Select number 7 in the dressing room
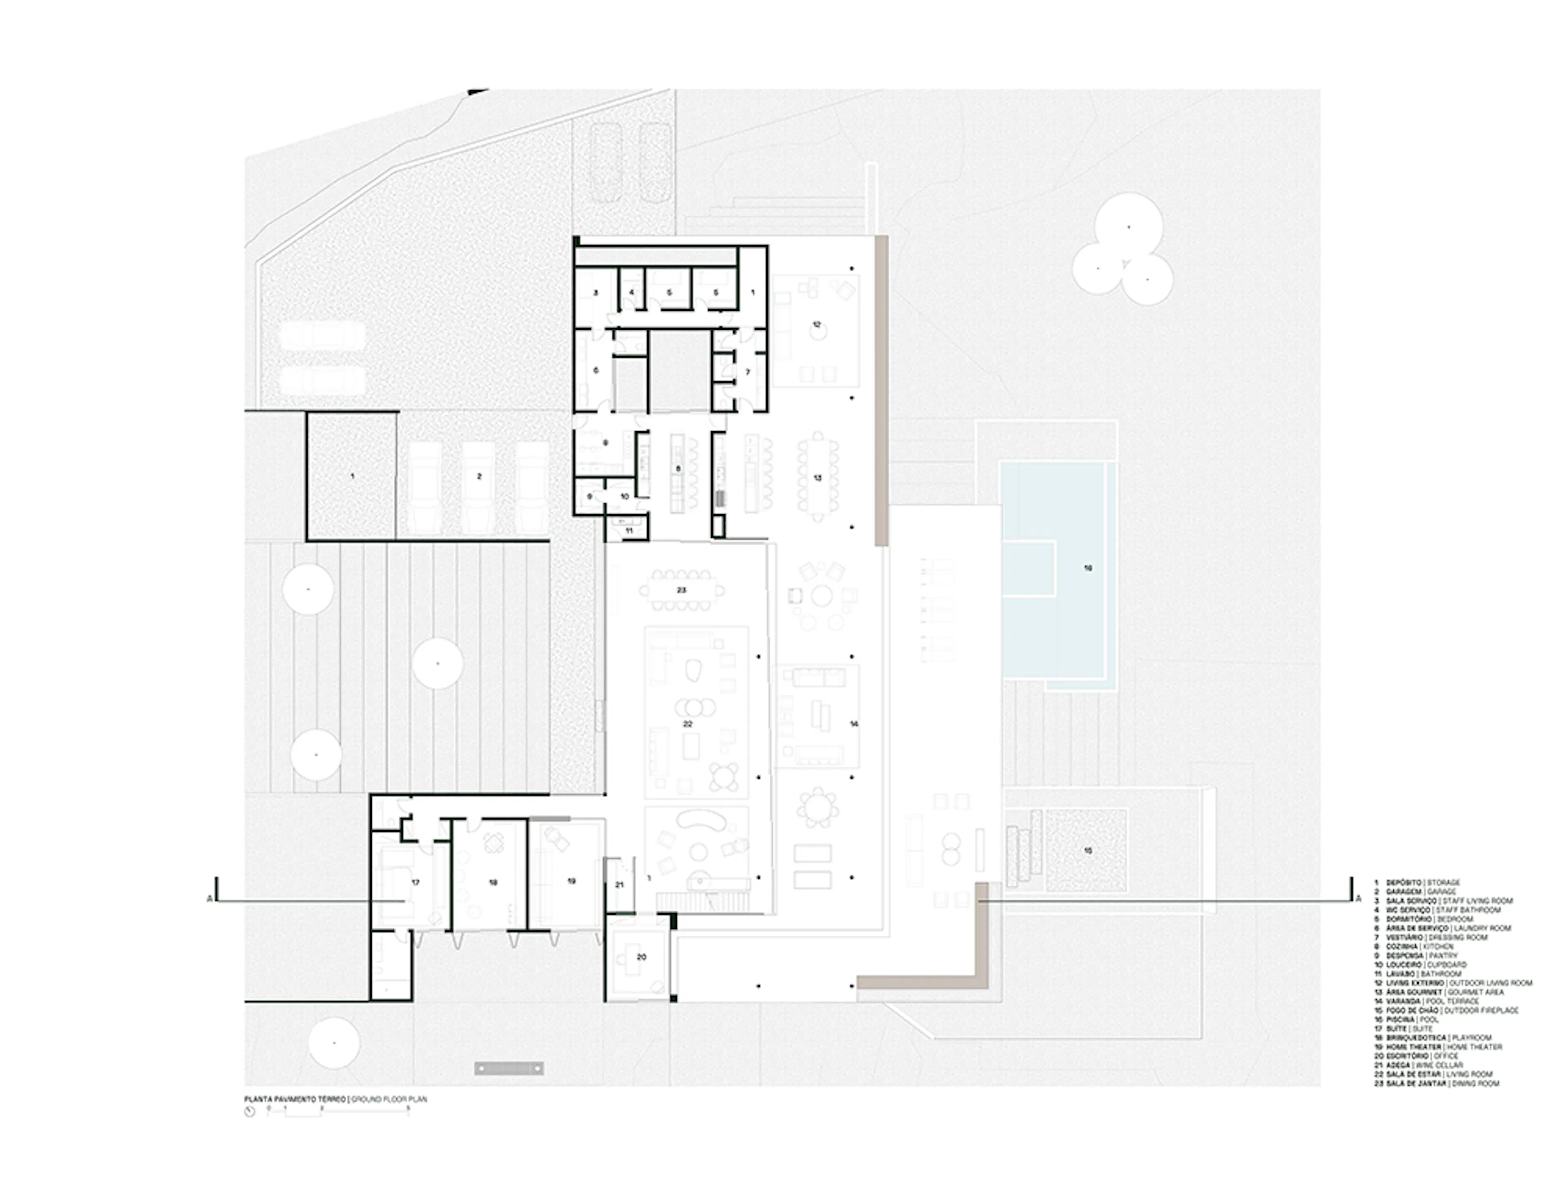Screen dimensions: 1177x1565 [x=748, y=372]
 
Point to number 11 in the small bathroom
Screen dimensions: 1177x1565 [x=629, y=531]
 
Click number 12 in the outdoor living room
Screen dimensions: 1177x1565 [x=816, y=325]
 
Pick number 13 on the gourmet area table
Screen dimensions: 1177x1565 [x=818, y=478]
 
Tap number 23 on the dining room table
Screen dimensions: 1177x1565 [x=681, y=590]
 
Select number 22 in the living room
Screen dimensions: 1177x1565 [x=687, y=724]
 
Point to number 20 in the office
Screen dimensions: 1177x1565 [x=642, y=957]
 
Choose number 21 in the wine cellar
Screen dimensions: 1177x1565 [x=620, y=885]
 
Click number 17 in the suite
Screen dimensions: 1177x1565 [x=416, y=883]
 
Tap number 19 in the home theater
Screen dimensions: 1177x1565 [x=572, y=882]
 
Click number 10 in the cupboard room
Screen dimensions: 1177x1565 [x=625, y=496]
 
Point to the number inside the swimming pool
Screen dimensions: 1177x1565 [x=1088, y=568]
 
